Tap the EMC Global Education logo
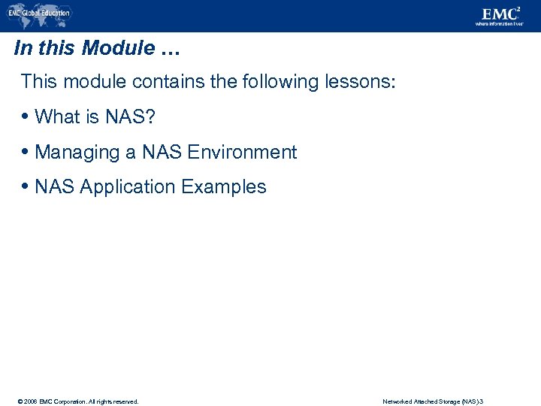[x=38, y=14]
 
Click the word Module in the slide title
[x=118, y=49]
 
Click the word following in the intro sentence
[x=267, y=81]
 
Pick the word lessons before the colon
[x=357, y=81]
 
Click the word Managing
[x=77, y=153]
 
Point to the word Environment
[x=242, y=152]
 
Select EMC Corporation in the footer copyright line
[x=53, y=401]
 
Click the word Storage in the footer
[x=449, y=401]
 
